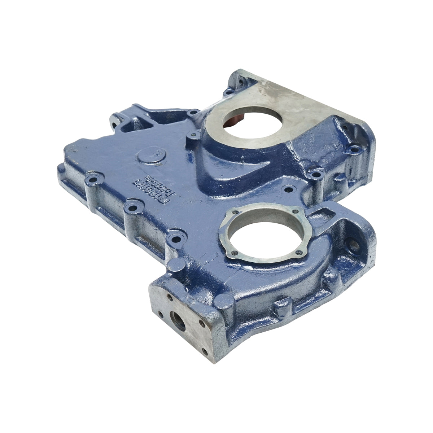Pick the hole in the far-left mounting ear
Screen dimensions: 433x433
pos(115,125)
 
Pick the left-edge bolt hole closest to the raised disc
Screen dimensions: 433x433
pos(95,179)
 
